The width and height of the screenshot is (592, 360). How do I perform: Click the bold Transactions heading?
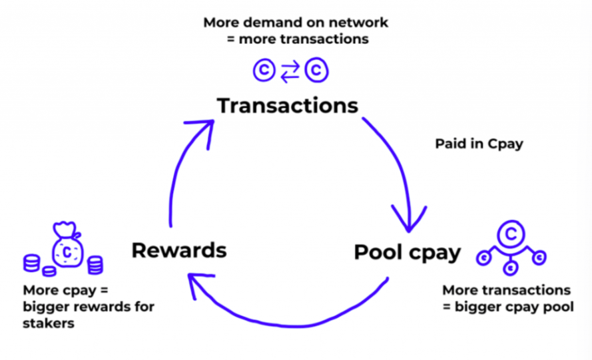click(287, 106)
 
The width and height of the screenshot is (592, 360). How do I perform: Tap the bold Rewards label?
click(179, 250)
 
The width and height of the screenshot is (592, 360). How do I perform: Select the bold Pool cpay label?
click(407, 252)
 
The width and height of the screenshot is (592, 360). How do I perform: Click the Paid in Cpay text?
click(479, 143)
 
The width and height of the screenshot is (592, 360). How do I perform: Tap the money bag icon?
click(67, 249)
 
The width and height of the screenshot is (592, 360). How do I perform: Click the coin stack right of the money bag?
click(95, 265)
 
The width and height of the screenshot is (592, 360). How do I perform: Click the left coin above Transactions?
click(264, 71)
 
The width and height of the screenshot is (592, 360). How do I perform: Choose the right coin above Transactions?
click(316, 71)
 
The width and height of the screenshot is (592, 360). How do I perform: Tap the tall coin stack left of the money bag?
click(31, 264)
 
